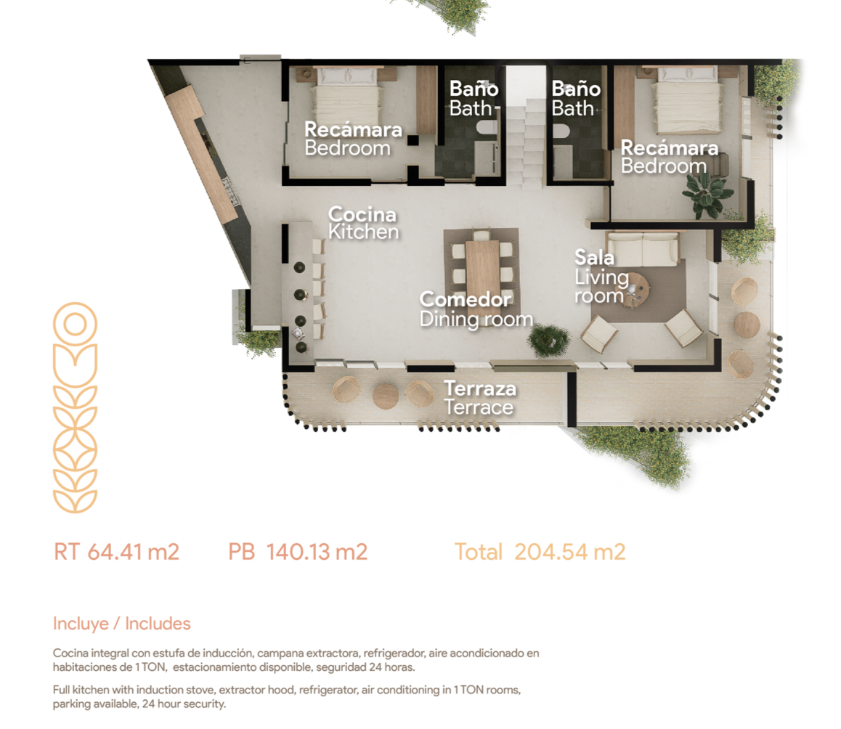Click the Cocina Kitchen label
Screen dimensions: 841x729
[x=363, y=223]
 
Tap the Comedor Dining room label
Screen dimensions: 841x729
[x=476, y=309]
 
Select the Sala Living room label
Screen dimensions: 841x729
[x=601, y=276]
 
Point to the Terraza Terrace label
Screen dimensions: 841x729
[x=479, y=397]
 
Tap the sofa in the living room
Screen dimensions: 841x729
[x=642, y=249]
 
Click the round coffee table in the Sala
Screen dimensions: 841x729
[x=637, y=289]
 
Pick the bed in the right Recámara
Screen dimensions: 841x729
[x=688, y=99]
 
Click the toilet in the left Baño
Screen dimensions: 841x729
[x=487, y=129]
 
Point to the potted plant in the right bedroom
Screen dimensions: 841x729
[x=706, y=195]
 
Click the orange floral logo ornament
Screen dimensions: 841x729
[x=75, y=407]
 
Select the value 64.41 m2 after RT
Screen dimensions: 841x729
[x=134, y=552]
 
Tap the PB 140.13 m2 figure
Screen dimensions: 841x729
[x=298, y=552]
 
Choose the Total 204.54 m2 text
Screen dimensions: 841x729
[x=540, y=552]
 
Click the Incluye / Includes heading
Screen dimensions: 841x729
[x=122, y=623]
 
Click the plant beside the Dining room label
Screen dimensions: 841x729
[x=548, y=340]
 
